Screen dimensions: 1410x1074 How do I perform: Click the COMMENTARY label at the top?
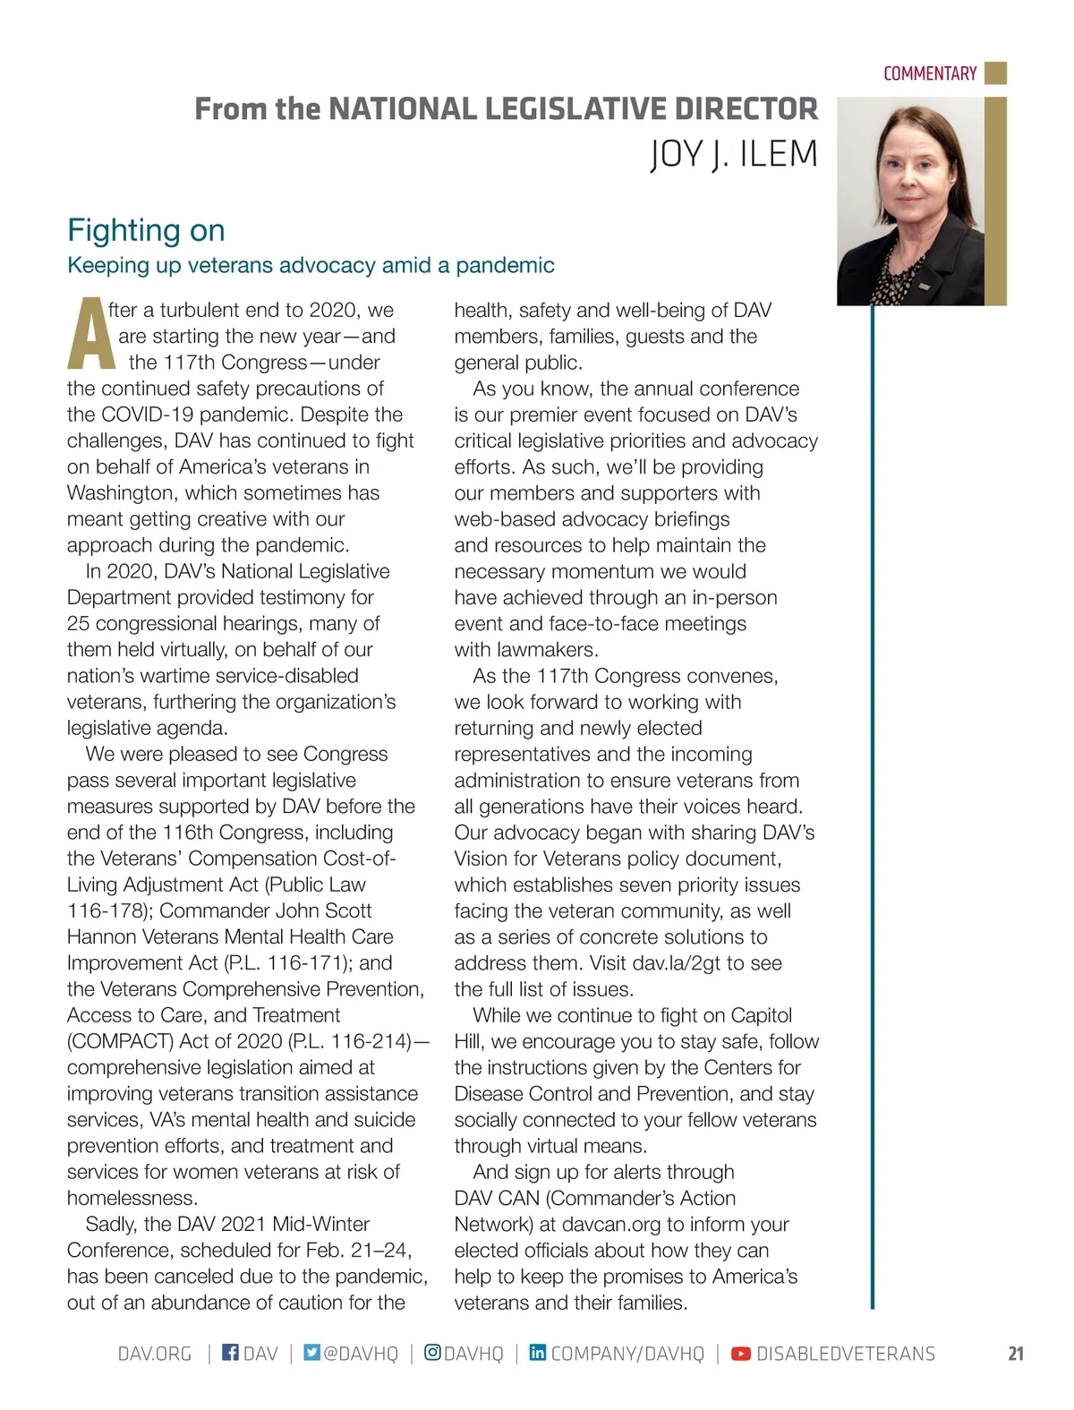coord(929,73)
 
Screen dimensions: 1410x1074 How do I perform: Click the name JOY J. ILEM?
coord(733,154)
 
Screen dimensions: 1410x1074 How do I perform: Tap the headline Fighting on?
coord(146,230)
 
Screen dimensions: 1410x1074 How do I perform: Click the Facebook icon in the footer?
coord(230,1352)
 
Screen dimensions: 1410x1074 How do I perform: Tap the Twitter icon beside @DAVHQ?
coord(311,1352)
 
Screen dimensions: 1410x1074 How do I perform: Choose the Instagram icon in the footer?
coord(432,1352)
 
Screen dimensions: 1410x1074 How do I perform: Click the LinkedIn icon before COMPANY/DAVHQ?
coord(538,1352)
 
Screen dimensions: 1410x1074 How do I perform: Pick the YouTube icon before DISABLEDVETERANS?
coord(741,1354)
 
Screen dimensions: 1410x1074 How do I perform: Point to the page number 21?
coord(1016,1354)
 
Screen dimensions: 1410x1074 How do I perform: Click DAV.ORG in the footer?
coord(155,1354)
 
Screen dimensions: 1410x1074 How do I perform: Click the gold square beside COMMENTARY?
coord(995,73)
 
